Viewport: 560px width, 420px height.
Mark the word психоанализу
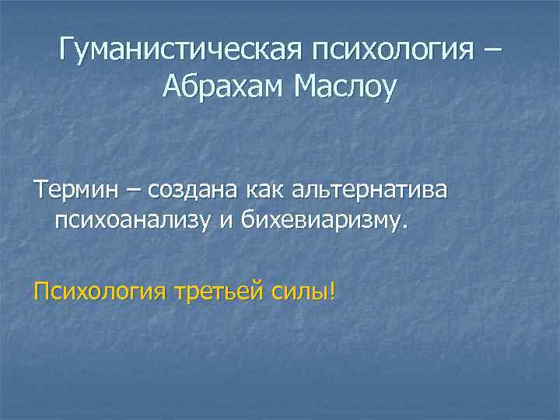point(133,223)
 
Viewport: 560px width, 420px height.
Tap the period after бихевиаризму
point(404,228)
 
